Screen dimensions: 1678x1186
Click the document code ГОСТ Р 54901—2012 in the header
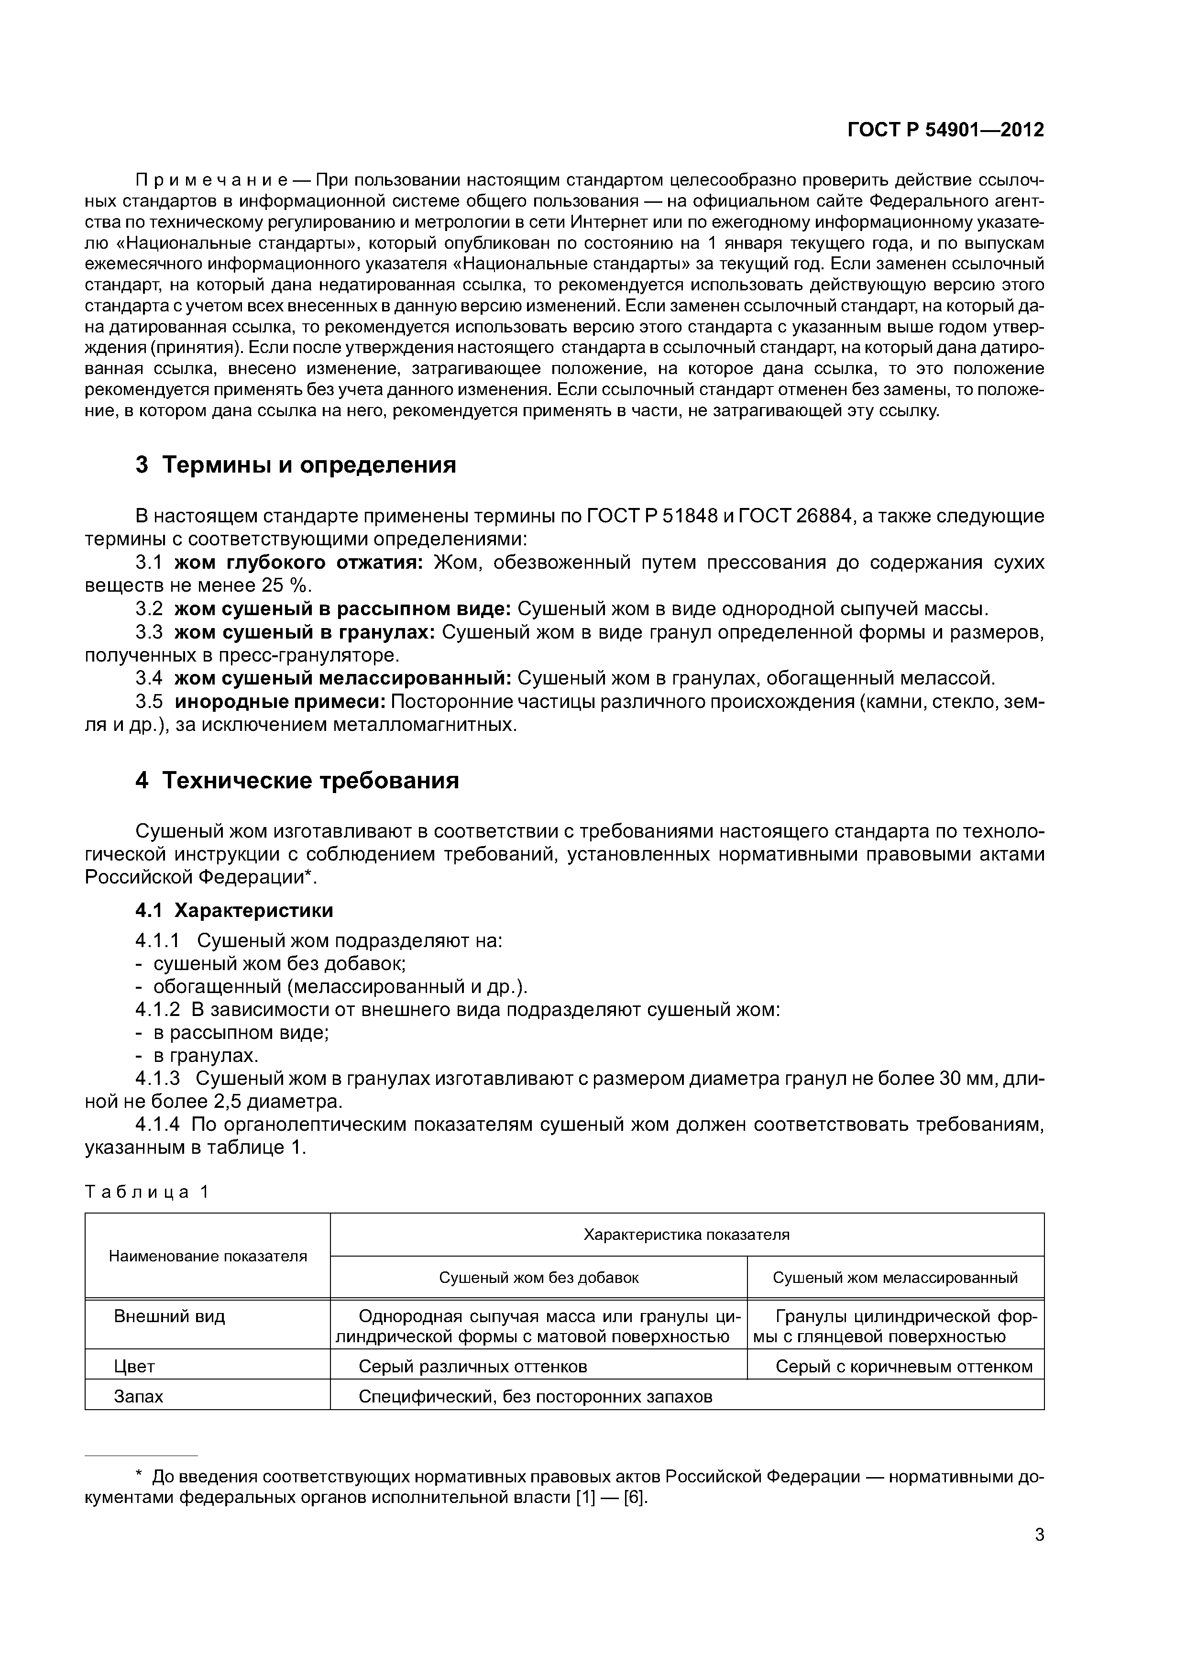pyautogui.click(x=945, y=130)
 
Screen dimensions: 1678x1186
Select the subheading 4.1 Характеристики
pyautogui.click(x=234, y=911)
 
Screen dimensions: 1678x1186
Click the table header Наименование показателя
pyautogui.click(x=208, y=1256)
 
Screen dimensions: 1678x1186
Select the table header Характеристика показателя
pyautogui.click(x=686, y=1235)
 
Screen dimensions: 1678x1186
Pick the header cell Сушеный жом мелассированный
pyautogui.click(x=895, y=1278)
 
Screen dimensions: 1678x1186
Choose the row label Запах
pyautogui.click(x=138, y=1397)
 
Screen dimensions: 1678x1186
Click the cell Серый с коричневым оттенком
pyautogui.click(x=904, y=1367)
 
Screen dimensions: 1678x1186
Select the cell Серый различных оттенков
pyautogui.click(x=473, y=1367)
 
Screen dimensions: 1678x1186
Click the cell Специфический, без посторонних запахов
pyautogui.click(x=535, y=1397)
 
